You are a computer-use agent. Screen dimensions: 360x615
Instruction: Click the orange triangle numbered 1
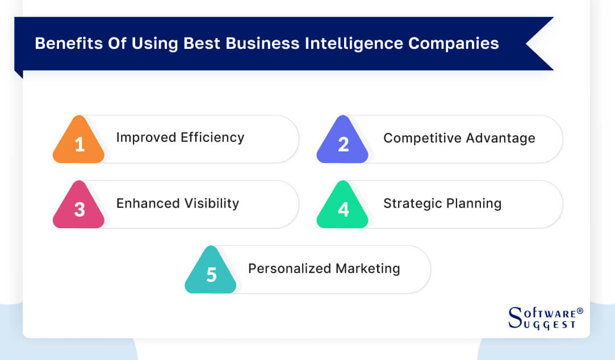point(79,143)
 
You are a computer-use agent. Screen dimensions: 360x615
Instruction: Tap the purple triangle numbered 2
point(342,143)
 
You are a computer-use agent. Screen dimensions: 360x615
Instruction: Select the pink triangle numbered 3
point(79,208)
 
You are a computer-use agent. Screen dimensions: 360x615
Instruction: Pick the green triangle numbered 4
point(342,208)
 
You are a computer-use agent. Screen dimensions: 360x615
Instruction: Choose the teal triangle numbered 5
point(211,274)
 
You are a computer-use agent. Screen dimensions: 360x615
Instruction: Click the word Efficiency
point(212,137)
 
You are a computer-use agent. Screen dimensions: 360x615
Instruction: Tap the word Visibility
point(211,203)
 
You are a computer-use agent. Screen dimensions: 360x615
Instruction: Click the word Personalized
point(290,269)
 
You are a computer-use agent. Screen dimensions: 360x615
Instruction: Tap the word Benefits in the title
point(61,44)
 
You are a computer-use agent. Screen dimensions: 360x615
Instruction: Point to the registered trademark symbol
point(580,311)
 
